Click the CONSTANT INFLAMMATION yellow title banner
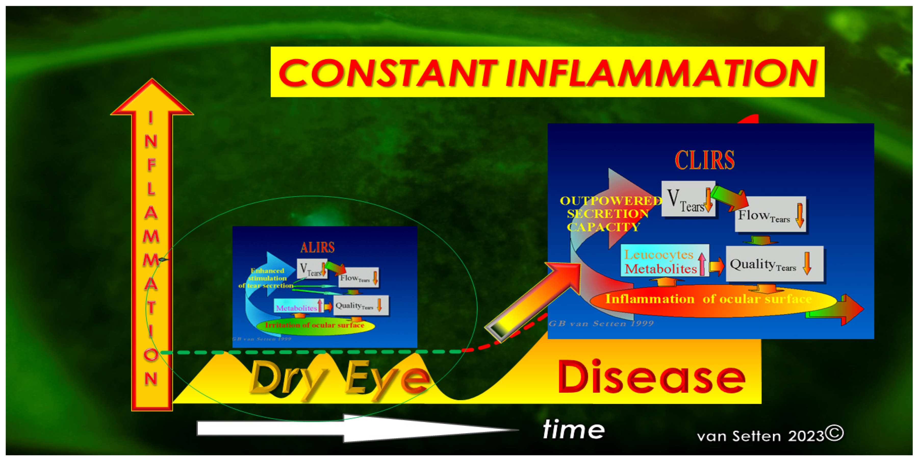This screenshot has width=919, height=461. [547, 72]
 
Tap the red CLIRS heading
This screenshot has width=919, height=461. [705, 160]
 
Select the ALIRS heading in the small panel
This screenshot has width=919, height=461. [317, 247]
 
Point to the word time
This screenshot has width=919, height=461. [573, 429]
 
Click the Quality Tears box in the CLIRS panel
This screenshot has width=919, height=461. [774, 264]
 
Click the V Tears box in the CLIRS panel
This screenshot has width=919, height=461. [688, 199]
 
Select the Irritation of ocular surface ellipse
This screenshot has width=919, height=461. [315, 325]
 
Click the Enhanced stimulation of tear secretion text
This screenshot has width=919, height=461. [267, 278]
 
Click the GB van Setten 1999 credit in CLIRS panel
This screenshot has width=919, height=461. [601, 324]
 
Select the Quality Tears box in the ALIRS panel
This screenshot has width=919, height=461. [360, 305]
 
